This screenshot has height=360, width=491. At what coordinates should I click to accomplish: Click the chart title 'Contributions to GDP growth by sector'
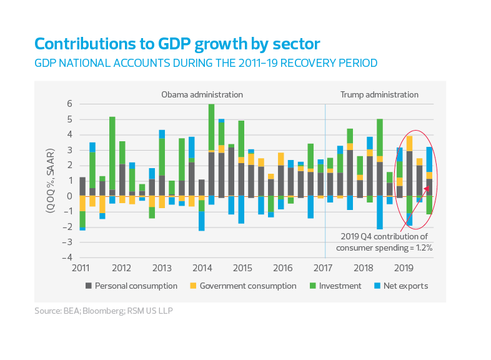pyautogui.click(x=177, y=44)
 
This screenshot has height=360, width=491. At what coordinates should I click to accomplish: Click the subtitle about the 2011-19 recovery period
pyautogui.click(x=206, y=63)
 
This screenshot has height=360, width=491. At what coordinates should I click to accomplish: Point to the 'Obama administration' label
pyautogui.click(x=202, y=95)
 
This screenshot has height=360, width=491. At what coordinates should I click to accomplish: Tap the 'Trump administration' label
pyautogui.click(x=379, y=95)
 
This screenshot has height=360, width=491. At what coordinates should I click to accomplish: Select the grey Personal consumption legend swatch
pyautogui.click(x=89, y=286)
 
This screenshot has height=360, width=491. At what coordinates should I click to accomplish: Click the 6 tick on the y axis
pyautogui.click(x=70, y=104)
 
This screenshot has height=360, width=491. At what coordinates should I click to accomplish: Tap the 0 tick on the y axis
pyautogui.click(x=70, y=196)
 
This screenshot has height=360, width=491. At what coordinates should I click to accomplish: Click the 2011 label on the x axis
pyautogui.click(x=81, y=268)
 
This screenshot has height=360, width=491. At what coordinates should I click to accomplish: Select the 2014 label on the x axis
pyautogui.click(x=202, y=268)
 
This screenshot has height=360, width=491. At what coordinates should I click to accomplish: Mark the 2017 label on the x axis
pyautogui.click(x=323, y=268)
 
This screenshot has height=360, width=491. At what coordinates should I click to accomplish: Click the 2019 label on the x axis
pyautogui.click(x=404, y=268)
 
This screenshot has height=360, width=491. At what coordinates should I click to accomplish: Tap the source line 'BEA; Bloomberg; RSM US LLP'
pyautogui.click(x=103, y=310)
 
